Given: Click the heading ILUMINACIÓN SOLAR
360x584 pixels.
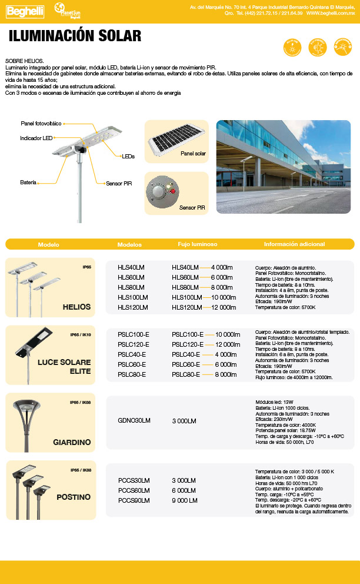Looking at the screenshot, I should click(75, 36).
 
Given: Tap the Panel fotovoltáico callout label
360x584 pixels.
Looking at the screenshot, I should click(41, 124).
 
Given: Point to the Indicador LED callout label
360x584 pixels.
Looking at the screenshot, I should click(36, 138).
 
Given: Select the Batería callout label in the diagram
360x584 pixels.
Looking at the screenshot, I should click(28, 183).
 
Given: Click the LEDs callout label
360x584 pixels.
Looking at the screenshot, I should click(128, 157).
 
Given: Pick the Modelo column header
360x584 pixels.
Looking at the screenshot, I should click(48, 244).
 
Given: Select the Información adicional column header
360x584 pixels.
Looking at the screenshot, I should click(294, 244).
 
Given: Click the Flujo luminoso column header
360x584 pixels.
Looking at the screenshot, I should click(198, 244).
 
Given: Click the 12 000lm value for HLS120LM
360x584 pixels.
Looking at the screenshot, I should click(224, 307).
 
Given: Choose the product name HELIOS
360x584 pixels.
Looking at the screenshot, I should click(76, 307).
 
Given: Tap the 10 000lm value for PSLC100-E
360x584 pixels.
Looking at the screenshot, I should click(228, 334).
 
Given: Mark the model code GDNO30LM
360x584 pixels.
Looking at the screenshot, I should click(134, 420).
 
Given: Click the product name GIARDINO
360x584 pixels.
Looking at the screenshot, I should click(72, 442).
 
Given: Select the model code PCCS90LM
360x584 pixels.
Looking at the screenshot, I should click(134, 500).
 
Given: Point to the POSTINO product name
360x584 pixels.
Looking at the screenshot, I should click(74, 497).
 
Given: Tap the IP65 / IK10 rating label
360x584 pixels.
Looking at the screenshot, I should click(81, 335).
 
